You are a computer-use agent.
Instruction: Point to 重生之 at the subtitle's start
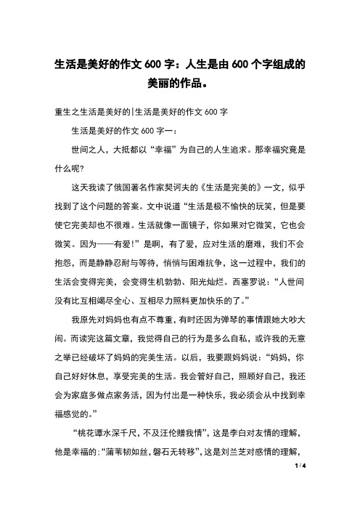(67, 113)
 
